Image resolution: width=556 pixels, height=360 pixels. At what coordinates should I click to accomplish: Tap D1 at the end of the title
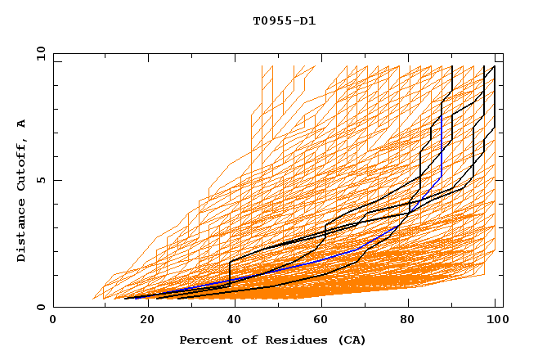pos(307,20)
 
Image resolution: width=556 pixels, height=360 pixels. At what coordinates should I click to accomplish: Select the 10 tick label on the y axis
pos(40,53)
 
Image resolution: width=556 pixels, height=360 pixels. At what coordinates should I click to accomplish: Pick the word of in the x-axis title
pos(243,340)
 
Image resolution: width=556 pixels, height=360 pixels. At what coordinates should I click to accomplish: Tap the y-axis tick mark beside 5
pos(56,180)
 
